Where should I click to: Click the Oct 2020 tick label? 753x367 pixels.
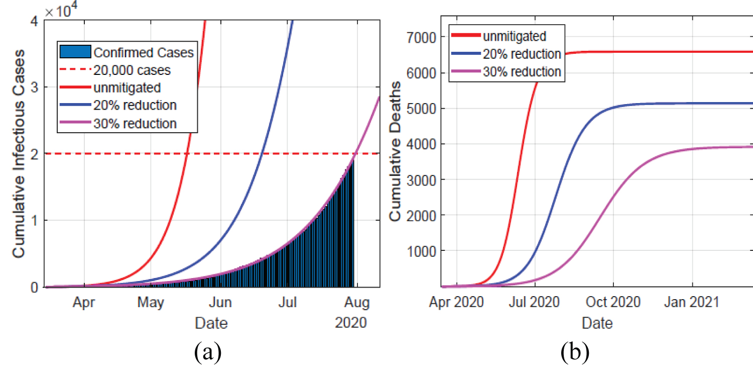click(x=613, y=303)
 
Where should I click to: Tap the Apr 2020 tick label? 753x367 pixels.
click(x=456, y=303)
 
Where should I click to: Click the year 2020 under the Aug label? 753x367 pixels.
click(x=351, y=322)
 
